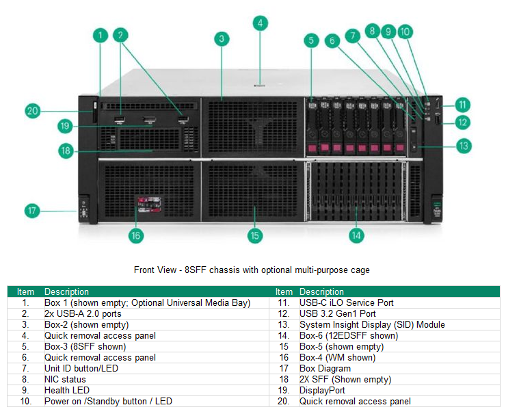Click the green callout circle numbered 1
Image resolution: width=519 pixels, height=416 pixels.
coord(101,35)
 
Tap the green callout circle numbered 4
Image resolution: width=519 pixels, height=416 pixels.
coord(260,23)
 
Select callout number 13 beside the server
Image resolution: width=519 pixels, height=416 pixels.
coord(463,146)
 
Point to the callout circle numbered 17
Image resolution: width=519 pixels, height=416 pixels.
coord(32,210)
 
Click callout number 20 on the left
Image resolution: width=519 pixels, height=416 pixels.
coord(32,110)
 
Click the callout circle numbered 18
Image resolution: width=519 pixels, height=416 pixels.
coord(66,151)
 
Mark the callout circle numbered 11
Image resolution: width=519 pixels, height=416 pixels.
coord(463,105)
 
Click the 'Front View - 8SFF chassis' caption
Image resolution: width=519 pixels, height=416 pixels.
coord(252,270)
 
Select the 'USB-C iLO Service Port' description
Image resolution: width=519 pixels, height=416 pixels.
coord(346,302)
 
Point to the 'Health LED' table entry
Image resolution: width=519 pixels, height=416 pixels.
coord(67,390)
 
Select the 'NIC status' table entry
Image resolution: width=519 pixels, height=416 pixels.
coord(65,379)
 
